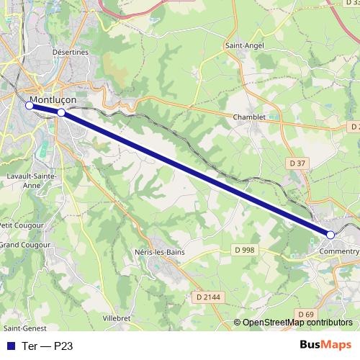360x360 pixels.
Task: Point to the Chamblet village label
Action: (x=250, y=117)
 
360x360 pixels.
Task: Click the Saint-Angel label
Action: (x=245, y=45)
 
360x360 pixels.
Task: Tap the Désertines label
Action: (x=70, y=52)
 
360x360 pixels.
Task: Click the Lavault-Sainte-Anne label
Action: (x=22, y=180)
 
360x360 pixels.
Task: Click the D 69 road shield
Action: (x=306, y=314)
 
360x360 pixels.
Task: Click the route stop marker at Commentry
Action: (x=330, y=235)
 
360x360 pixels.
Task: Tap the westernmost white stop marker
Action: (x=30, y=105)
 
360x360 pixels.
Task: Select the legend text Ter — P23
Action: (x=48, y=345)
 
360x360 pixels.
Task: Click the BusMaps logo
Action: (x=325, y=345)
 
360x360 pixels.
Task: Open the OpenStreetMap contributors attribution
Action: (x=297, y=323)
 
